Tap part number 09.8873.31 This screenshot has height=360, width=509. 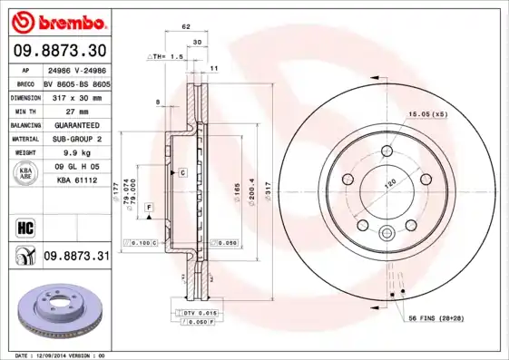[76, 257]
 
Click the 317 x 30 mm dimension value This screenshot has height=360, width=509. [76, 95]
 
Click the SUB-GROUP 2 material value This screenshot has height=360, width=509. [76, 139]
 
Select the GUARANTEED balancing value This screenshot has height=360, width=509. [76, 124]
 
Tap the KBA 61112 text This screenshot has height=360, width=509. [76, 180]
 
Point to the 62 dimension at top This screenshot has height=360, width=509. [186, 27]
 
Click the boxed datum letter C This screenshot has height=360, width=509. [182, 171]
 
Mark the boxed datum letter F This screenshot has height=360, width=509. [148, 208]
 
